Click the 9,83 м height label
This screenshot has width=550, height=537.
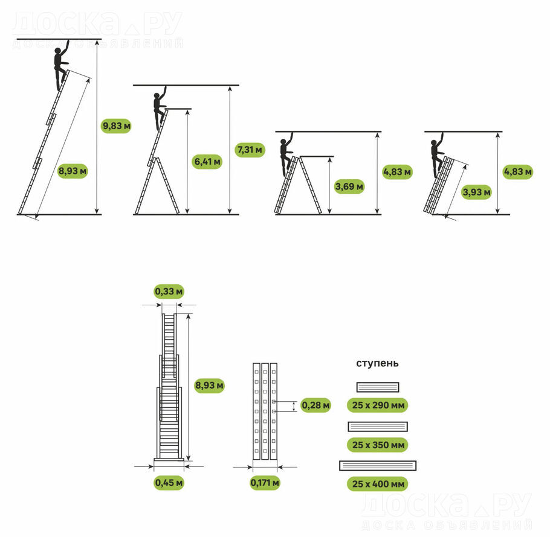click(117, 126)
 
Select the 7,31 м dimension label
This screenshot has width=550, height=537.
click(250, 150)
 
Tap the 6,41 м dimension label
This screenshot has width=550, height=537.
click(207, 162)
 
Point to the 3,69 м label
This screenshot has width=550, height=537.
click(349, 186)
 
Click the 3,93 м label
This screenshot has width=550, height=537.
click(476, 192)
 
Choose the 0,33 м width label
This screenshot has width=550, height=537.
click(169, 291)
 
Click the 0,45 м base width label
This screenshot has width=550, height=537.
click(169, 483)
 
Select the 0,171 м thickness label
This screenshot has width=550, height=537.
click(265, 483)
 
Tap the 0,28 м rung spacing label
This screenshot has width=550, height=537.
click(315, 405)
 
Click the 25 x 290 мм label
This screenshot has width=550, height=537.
click(378, 405)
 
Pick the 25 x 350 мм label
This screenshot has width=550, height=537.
click(378, 445)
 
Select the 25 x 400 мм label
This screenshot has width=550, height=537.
click(378, 484)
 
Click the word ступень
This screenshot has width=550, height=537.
click(377, 363)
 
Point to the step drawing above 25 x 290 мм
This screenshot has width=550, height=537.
click(378, 387)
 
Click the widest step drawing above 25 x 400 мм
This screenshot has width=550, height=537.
click(378, 466)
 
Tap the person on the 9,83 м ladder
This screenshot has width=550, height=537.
click(61, 65)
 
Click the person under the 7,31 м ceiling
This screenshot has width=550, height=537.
click(160, 108)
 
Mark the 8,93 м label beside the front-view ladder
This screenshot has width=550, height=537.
click(209, 386)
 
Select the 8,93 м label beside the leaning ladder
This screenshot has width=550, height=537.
click(73, 171)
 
